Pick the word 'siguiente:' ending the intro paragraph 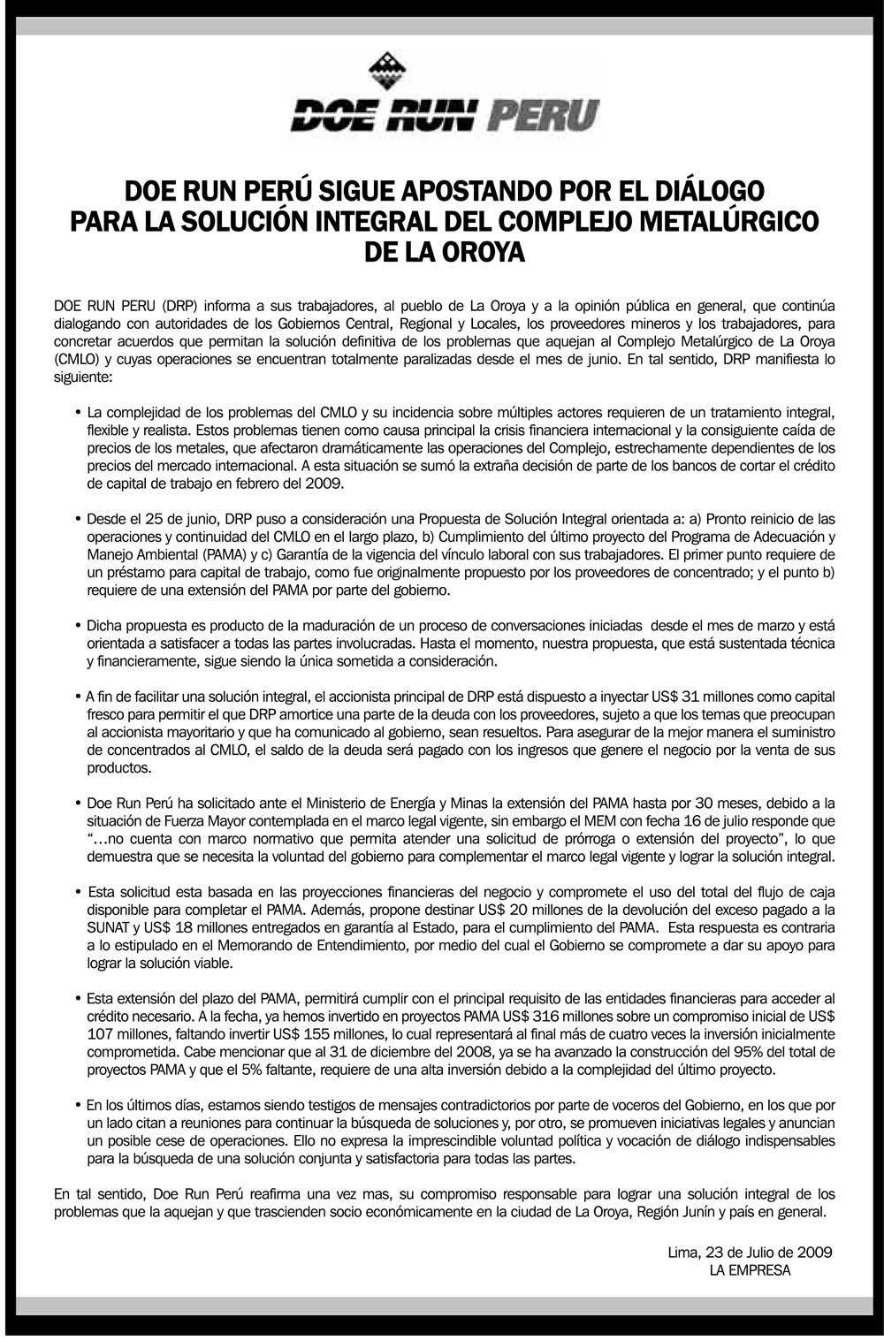(x=83, y=377)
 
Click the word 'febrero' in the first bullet (x=276, y=484)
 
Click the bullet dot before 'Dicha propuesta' (x=79, y=626)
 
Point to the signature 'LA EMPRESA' (x=750, y=1269)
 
